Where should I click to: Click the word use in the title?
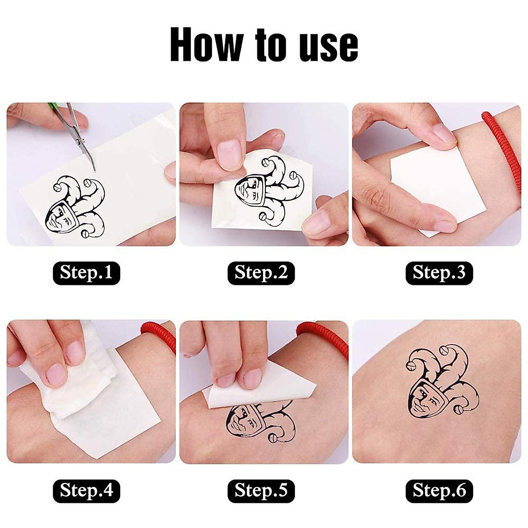[329, 46]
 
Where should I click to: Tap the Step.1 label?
[86, 273]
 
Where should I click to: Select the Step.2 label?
[261, 273]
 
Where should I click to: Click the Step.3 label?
[439, 273]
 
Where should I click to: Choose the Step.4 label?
[86, 490]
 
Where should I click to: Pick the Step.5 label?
[261, 490]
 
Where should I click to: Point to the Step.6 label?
[439, 490]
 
